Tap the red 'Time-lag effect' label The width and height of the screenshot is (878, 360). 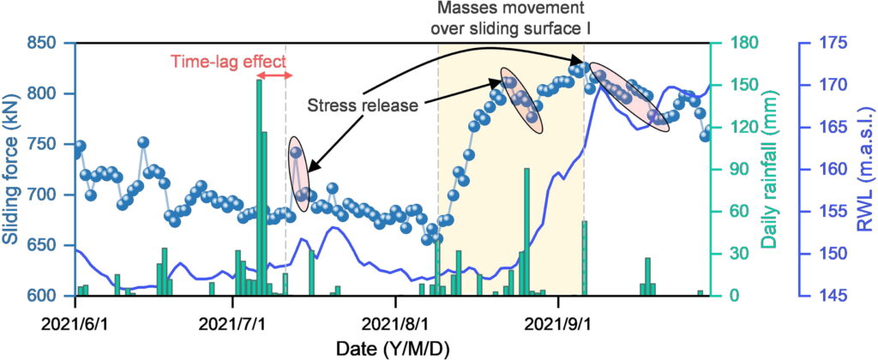coord(226,61)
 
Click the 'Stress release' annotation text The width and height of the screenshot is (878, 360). coord(362,105)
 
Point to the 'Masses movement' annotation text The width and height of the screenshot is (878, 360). coord(523,11)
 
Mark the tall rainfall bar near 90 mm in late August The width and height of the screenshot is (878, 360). coord(526,231)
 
